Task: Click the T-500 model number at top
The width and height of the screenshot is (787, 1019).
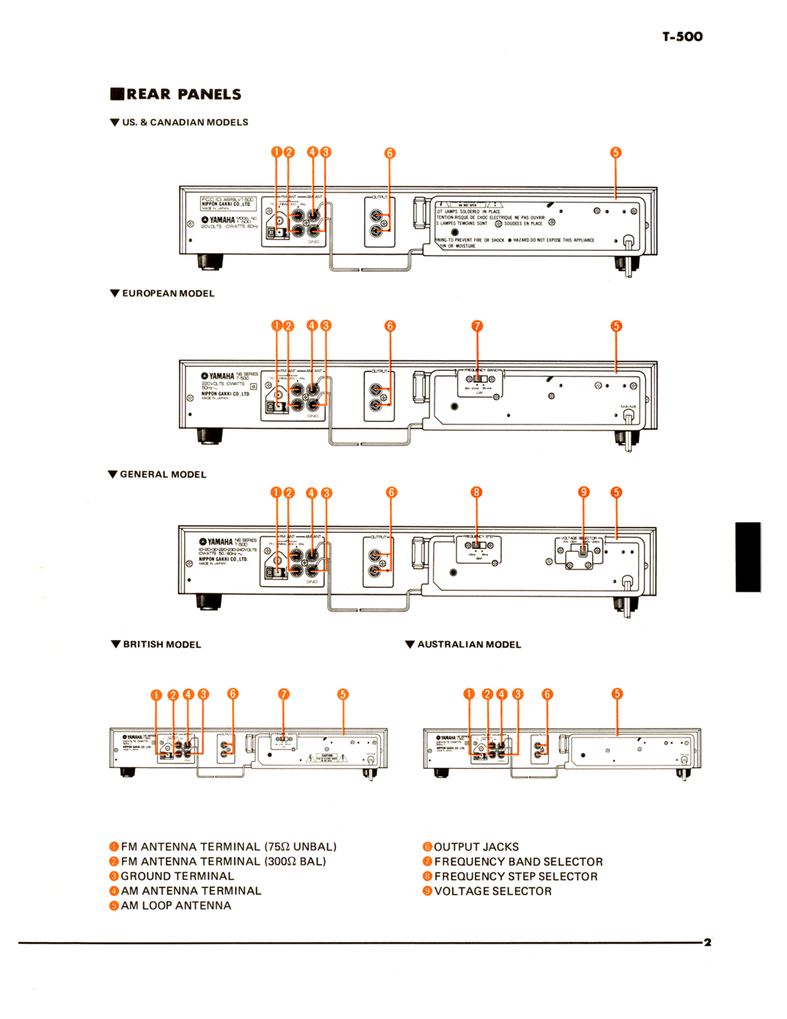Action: coord(682,36)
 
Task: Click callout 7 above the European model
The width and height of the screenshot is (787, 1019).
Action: coord(477,326)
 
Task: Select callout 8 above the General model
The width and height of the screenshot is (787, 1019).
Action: coord(476,492)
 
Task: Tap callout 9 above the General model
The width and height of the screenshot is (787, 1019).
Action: coord(583,492)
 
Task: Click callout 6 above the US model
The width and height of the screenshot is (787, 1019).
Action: coord(389,153)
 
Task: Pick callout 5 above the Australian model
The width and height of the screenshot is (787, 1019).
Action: coord(617,693)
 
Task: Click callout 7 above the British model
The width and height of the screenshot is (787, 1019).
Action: coord(284,694)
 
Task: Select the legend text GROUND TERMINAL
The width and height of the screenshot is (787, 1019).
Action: coord(177,876)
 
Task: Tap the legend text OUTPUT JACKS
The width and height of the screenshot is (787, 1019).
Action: coord(476,846)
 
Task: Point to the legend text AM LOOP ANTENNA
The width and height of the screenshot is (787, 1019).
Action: coord(175,905)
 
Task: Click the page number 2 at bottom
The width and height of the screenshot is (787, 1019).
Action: coord(707,942)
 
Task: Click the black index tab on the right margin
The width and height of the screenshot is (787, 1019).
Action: coord(747,557)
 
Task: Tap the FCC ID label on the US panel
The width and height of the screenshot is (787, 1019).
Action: coord(228,200)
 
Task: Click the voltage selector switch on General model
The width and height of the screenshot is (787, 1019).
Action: coord(583,551)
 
